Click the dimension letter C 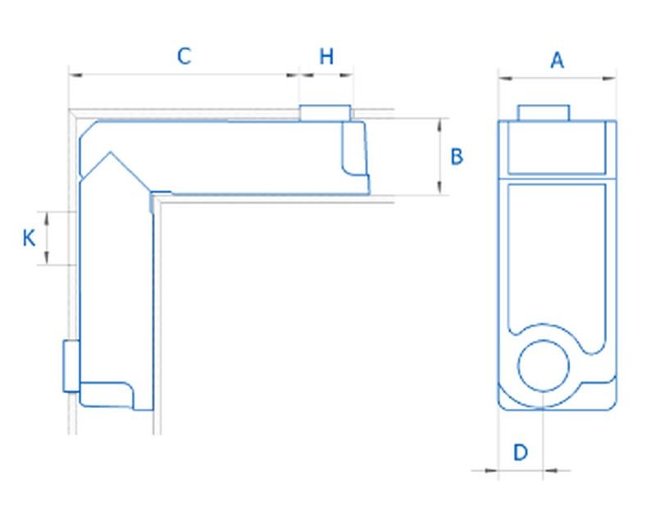[184, 57]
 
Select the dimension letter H [326, 57]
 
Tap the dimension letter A [558, 60]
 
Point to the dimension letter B [458, 156]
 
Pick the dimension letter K [29, 238]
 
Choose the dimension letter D [521, 451]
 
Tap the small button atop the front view [544, 112]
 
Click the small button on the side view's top [326, 113]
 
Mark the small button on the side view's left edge [70, 366]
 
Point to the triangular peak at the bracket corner [107, 155]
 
